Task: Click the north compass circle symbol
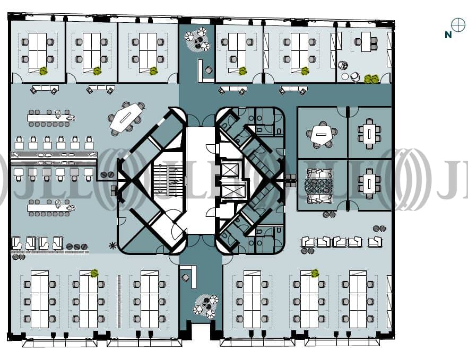(458, 24)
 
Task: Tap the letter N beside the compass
(448, 35)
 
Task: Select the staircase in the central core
(168, 180)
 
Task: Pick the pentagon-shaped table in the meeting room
(321, 135)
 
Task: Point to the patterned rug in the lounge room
(318, 185)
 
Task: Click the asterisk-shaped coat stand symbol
(112, 245)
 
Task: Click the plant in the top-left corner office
(44, 71)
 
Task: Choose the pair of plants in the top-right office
(371, 78)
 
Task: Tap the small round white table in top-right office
(345, 77)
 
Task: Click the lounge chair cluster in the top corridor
(197, 39)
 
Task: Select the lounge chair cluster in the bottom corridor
(205, 306)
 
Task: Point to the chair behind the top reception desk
(209, 71)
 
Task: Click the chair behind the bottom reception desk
(185, 278)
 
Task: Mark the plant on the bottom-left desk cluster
(94, 273)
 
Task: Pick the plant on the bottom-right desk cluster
(315, 273)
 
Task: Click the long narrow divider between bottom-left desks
(119, 301)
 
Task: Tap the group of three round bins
(77, 247)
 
